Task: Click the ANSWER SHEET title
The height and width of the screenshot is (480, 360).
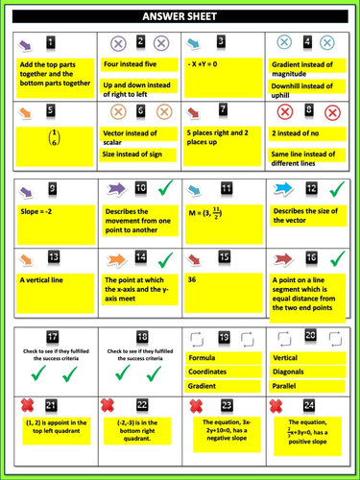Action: (180, 16)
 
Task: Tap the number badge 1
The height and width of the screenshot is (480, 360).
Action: (51, 44)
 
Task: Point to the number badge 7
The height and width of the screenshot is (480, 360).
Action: (223, 111)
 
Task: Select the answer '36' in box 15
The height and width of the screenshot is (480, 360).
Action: (193, 279)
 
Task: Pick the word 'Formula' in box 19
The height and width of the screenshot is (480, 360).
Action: (203, 357)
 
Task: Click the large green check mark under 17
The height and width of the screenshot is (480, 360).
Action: (51, 372)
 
